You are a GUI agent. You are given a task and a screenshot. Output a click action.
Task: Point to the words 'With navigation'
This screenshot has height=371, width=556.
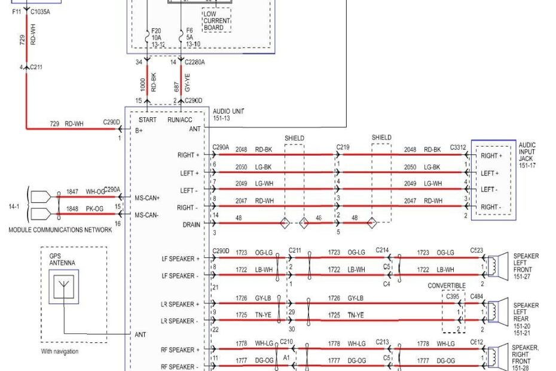[59, 351]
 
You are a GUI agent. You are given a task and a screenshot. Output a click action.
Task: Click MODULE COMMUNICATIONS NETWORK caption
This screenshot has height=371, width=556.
[60, 230]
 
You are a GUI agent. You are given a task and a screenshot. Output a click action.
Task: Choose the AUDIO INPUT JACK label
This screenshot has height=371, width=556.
[527, 155]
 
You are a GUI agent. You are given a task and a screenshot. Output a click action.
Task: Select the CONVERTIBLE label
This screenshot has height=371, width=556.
[447, 286]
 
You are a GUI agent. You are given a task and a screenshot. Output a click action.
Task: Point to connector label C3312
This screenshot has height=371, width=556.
[458, 147]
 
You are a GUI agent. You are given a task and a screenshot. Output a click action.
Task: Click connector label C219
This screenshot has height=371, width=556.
[343, 147]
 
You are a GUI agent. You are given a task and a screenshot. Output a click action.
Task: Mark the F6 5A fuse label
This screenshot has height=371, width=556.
[190, 37]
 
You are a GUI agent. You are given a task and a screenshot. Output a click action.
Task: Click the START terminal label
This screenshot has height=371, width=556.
[147, 120]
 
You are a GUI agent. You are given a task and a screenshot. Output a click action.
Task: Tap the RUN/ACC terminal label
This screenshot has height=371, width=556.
[180, 120]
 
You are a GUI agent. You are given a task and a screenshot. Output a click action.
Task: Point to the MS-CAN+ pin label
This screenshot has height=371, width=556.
[147, 197]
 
